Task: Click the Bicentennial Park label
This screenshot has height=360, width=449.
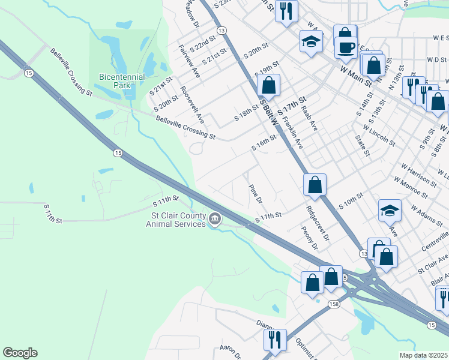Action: point(122,81)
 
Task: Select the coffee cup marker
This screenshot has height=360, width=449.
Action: point(346,47)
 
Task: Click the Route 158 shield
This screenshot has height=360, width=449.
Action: point(334,305)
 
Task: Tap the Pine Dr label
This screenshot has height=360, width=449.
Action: point(256,193)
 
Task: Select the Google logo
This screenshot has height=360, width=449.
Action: point(20,353)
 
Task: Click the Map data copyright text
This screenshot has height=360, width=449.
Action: point(424,355)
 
